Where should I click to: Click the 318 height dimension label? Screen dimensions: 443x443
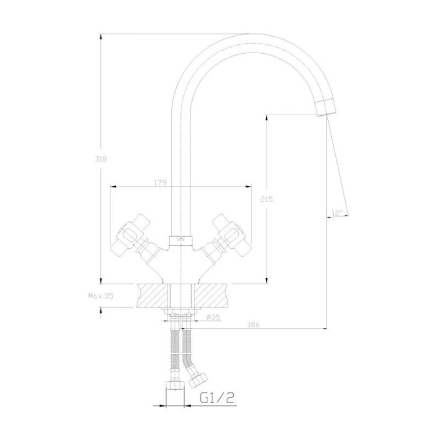[101, 159]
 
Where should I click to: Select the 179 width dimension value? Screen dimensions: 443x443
[160, 182]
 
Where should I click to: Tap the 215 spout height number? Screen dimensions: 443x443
[267, 199]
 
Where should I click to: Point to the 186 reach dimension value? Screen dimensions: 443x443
[253, 325]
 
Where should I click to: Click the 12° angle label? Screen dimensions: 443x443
[337, 213]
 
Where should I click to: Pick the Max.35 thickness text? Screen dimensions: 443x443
[101, 296]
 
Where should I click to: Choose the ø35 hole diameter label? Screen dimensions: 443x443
[213, 317]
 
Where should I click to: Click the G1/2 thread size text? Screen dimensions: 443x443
[217, 398]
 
